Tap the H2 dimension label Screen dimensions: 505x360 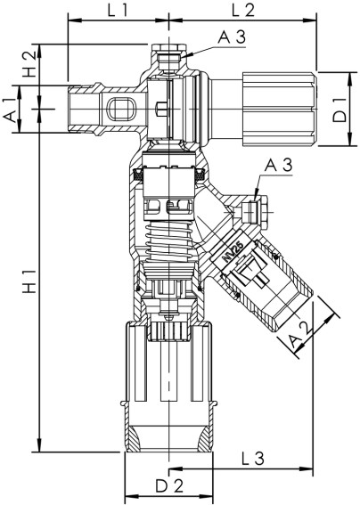coord(29,64)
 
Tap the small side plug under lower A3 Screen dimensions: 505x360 coord(252,212)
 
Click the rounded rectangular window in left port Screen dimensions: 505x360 coord(119,110)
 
